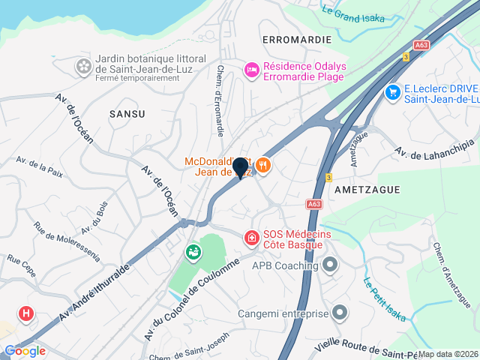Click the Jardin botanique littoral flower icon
coord(83,67)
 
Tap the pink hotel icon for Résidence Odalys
coord(252,70)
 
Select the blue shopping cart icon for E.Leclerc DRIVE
coord(391,91)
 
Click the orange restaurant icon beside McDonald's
coord(262,164)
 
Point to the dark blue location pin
coord(241,168)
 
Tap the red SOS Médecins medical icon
coord(252,238)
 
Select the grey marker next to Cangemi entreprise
coord(340,312)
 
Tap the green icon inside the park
coord(194,252)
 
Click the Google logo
coord(24,350)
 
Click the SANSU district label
coord(127,113)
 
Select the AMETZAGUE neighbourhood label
coord(365,188)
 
